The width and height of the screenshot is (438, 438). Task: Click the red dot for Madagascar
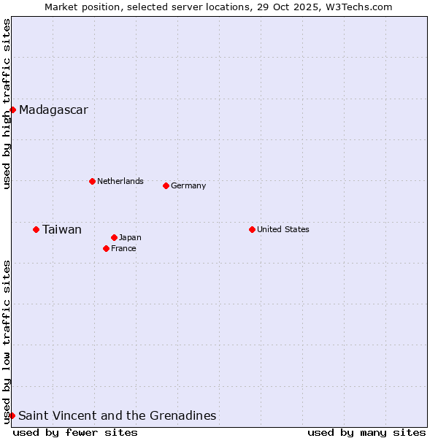point(13,110)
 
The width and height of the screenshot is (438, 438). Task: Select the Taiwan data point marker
point(36,230)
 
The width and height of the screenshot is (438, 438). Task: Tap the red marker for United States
point(252,229)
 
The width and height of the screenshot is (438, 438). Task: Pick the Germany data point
point(166,185)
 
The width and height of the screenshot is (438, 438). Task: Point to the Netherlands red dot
point(92,181)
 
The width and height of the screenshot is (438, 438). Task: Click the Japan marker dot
point(114,237)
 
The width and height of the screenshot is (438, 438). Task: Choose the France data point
point(106,248)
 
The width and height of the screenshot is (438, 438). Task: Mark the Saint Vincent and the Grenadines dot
point(12,415)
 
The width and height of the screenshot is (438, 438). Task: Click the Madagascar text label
point(53,110)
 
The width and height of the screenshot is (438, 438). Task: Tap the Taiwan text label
point(61,230)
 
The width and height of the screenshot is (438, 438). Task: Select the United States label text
point(283,229)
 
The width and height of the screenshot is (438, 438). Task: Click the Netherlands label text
point(120,181)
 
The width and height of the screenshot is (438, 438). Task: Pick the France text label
point(123,248)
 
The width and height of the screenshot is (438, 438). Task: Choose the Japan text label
point(130,237)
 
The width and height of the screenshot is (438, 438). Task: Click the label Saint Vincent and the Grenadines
point(117,415)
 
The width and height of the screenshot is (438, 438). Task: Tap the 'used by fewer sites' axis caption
point(75,432)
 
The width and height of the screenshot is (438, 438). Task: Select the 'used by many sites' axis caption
point(366,432)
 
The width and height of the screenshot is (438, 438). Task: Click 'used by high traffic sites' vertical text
point(7,104)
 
